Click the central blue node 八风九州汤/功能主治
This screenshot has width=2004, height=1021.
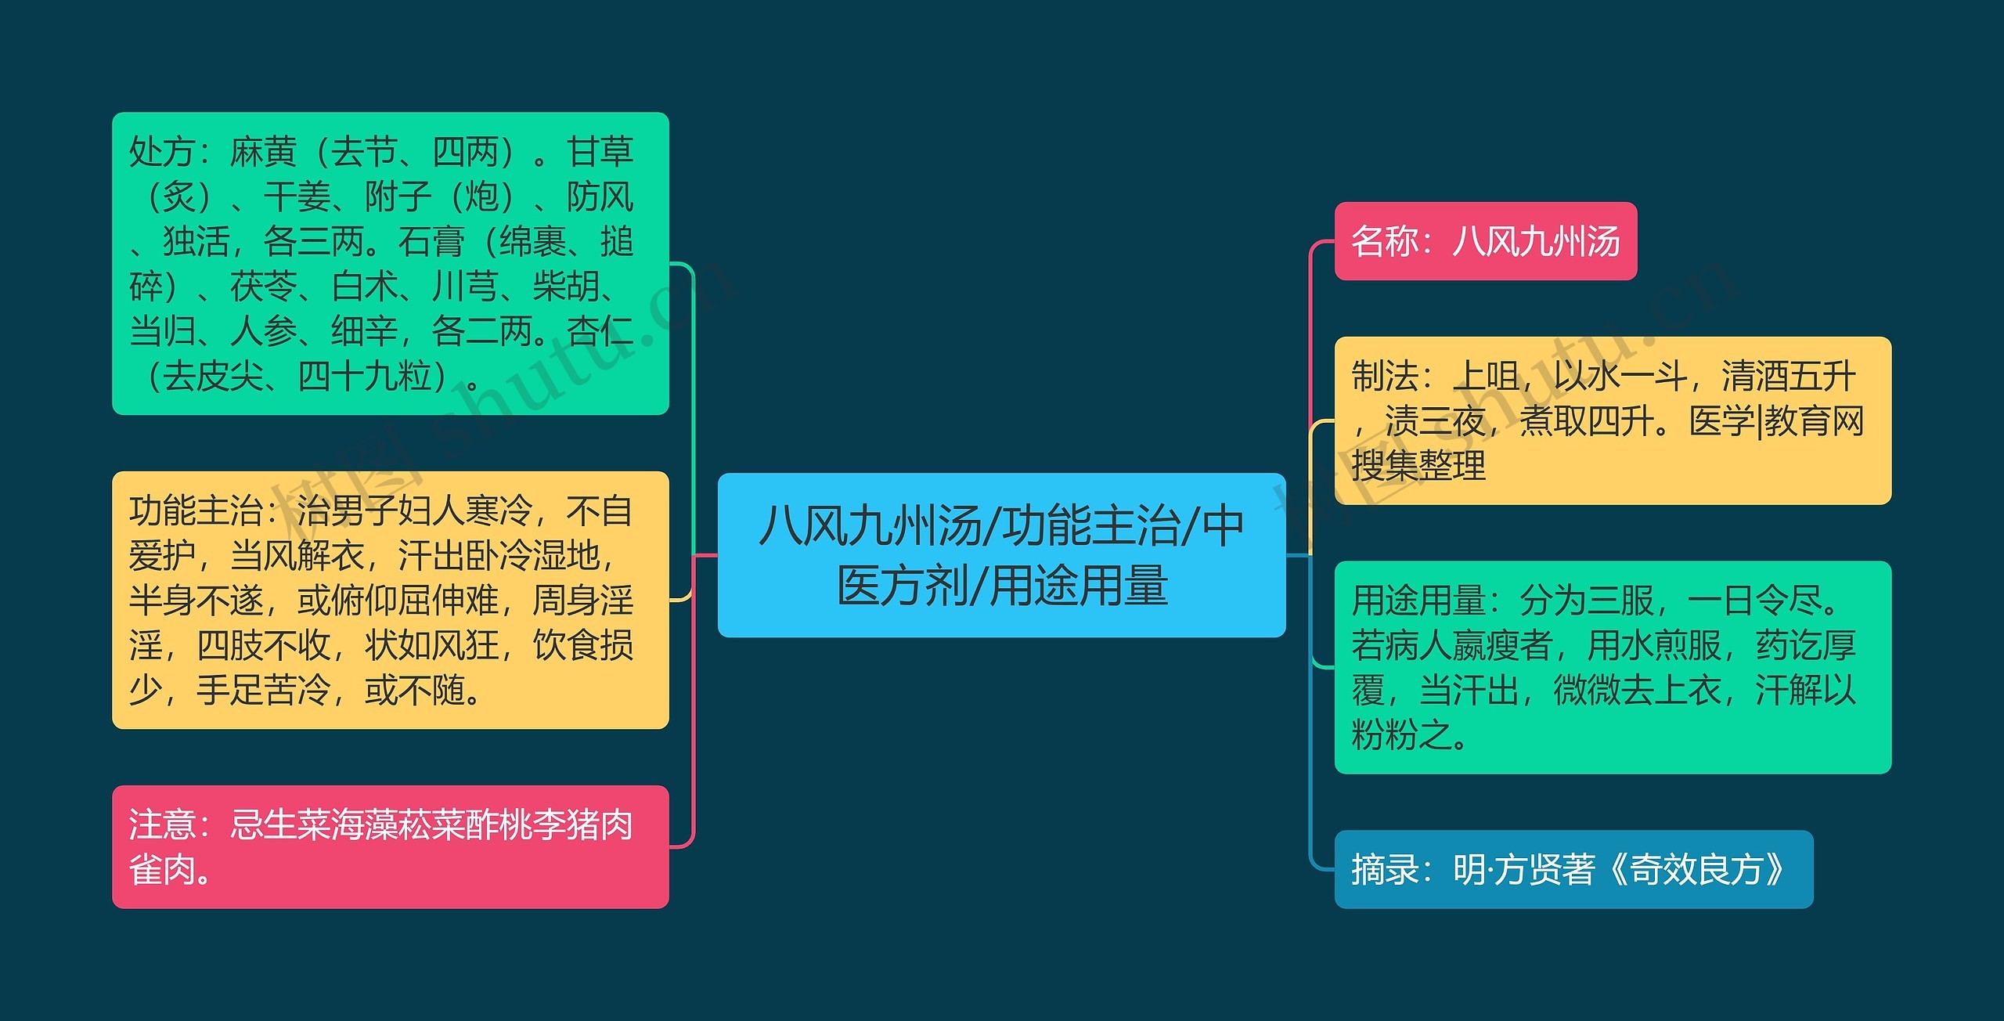tap(1001, 555)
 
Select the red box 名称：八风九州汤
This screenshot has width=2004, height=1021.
tap(1485, 241)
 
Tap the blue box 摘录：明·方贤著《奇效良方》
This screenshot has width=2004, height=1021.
tap(1573, 869)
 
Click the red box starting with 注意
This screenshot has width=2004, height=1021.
tap(390, 846)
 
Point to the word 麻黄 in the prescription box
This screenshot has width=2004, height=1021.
tap(263, 152)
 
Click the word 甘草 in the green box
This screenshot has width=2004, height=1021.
tap(600, 152)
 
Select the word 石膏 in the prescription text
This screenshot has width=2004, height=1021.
tap(431, 242)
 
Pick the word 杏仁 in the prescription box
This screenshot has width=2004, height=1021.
tap(600, 331)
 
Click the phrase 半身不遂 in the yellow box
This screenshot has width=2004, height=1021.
tap(196, 601)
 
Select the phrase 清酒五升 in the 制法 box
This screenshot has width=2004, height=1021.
tap(1789, 377)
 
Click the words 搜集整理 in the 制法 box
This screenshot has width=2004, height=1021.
tap(1418, 467)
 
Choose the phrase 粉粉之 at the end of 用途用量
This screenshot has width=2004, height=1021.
tap(1401, 736)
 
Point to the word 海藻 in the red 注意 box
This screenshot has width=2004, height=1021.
tap(364, 824)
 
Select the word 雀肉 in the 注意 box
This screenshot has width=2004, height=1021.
tap(162, 869)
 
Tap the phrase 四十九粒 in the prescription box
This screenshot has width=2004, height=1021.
tap(364, 377)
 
